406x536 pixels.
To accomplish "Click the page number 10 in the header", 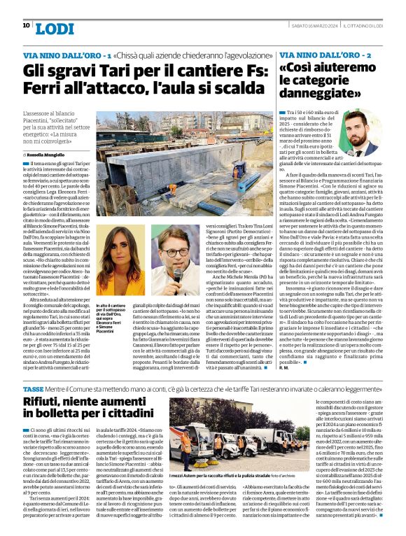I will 26,25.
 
